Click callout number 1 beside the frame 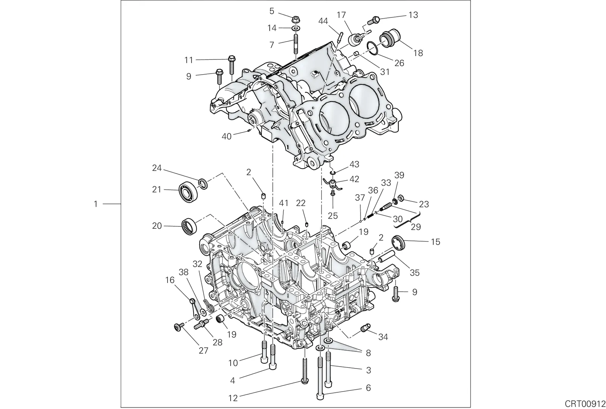coord(95,204)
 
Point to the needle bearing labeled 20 coord(189,226)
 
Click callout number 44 coord(323,21)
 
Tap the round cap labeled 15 coord(398,244)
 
